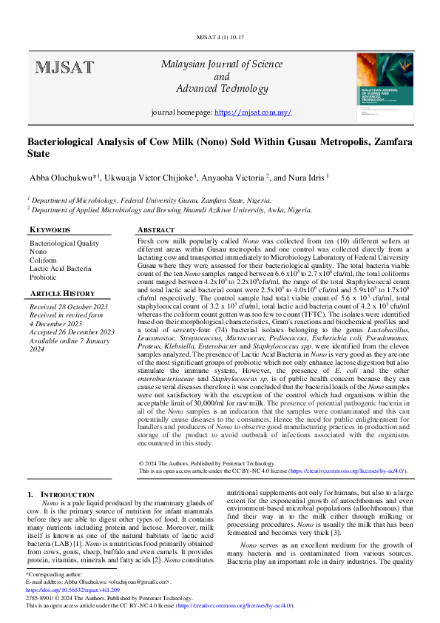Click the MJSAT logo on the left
[x=64, y=68]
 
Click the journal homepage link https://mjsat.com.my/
[x=252, y=112]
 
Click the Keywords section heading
[x=50, y=230]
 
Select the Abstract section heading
[x=156, y=230]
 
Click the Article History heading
[x=62, y=294]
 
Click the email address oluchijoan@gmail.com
[x=141, y=582]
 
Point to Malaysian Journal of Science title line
[x=222, y=64]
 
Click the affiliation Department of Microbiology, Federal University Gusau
[x=111, y=199]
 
